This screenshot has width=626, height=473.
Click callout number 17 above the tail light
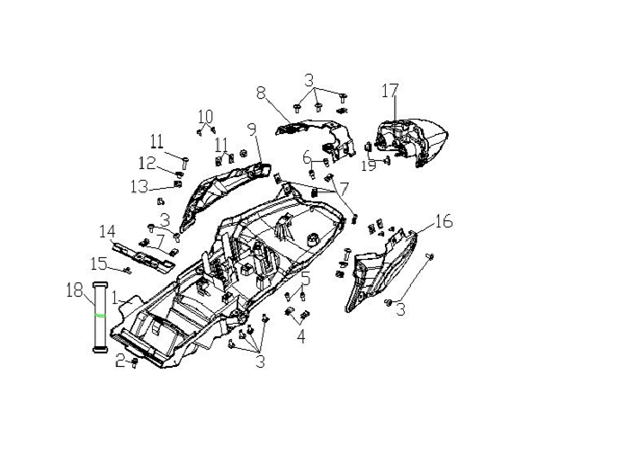[389, 91]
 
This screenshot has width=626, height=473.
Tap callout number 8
[260, 93]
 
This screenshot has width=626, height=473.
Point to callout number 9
[252, 129]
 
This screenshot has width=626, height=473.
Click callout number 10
[205, 117]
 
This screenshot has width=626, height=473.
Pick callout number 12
[147, 163]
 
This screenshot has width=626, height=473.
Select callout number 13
[139, 186]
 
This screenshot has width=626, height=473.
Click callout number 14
[107, 231]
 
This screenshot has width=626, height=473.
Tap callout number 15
[99, 263]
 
